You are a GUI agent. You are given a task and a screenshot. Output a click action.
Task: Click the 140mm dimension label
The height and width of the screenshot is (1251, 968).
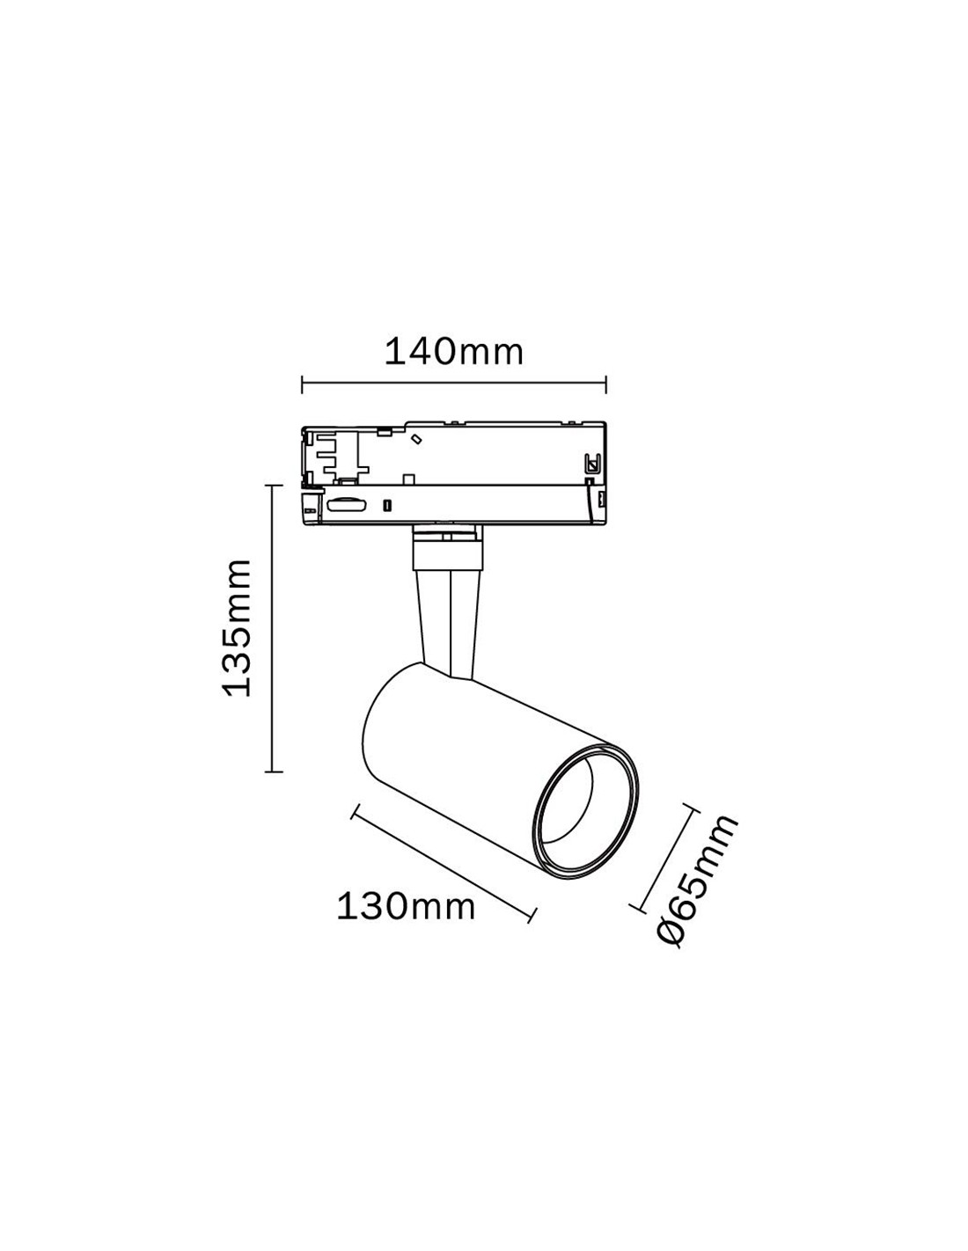coord(453,352)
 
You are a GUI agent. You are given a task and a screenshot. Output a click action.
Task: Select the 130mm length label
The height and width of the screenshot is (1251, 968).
coord(406,906)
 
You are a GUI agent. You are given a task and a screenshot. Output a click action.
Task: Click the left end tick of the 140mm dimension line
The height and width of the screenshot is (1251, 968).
coord(302,384)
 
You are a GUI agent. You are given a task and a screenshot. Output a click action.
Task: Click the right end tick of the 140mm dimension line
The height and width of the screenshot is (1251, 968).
coord(605,384)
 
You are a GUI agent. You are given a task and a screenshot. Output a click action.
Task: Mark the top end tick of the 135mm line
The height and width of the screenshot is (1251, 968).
coord(275,485)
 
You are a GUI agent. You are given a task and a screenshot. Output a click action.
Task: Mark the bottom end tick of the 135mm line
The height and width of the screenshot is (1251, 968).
coord(275,772)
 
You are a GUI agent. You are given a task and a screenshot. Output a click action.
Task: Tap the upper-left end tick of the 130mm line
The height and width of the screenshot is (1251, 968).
coord(354,811)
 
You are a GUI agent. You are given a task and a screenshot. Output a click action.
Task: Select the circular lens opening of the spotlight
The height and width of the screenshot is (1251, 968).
coord(584,811)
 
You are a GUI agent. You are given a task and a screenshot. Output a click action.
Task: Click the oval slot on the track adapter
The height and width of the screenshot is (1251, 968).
coord(346,504)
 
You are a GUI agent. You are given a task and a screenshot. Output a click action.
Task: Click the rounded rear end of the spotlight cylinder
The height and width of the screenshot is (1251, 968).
coord(374,721)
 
